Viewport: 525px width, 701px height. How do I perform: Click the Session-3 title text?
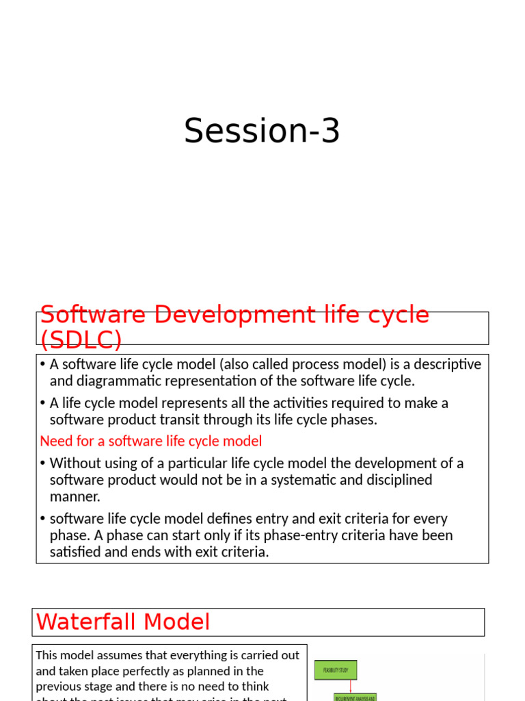262,131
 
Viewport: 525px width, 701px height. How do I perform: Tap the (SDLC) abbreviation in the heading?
81,339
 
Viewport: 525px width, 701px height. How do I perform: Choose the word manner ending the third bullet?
75,496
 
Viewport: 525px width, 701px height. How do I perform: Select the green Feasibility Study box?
336,670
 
